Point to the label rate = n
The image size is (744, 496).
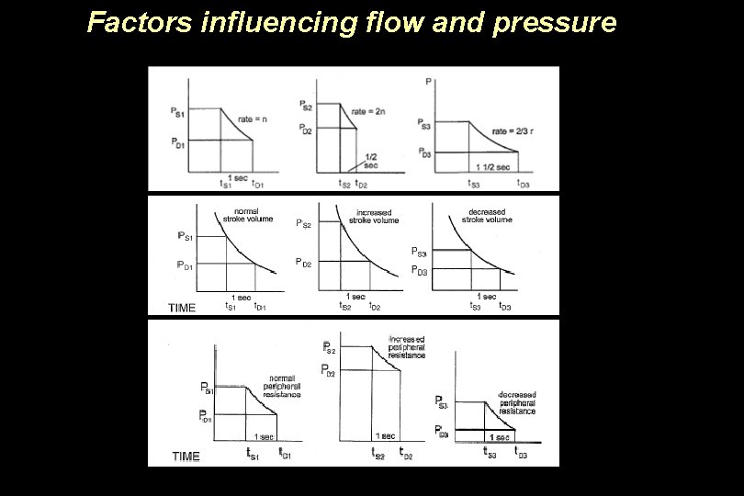[253, 119]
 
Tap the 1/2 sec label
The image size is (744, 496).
[371, 161]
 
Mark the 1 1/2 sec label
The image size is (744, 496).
[492, 166]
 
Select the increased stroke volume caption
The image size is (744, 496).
[373, 217]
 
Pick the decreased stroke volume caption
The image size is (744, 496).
[486, 216]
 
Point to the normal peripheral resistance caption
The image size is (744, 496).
[284, 387]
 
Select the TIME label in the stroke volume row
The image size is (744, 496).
[181, 308]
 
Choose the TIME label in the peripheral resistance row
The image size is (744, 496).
[186, 457]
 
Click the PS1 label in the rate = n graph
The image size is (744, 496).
[178, 112]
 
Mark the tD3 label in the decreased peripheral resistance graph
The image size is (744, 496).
[521, 452]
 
